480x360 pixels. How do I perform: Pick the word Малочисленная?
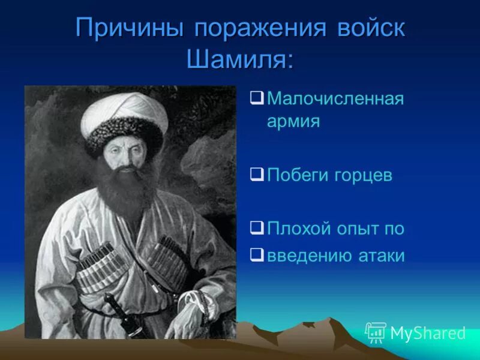click(335, 98)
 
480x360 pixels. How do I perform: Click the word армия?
click(293, 122)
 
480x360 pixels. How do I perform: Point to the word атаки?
click(382, 256)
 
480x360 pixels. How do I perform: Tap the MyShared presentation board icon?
click(376, 332)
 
